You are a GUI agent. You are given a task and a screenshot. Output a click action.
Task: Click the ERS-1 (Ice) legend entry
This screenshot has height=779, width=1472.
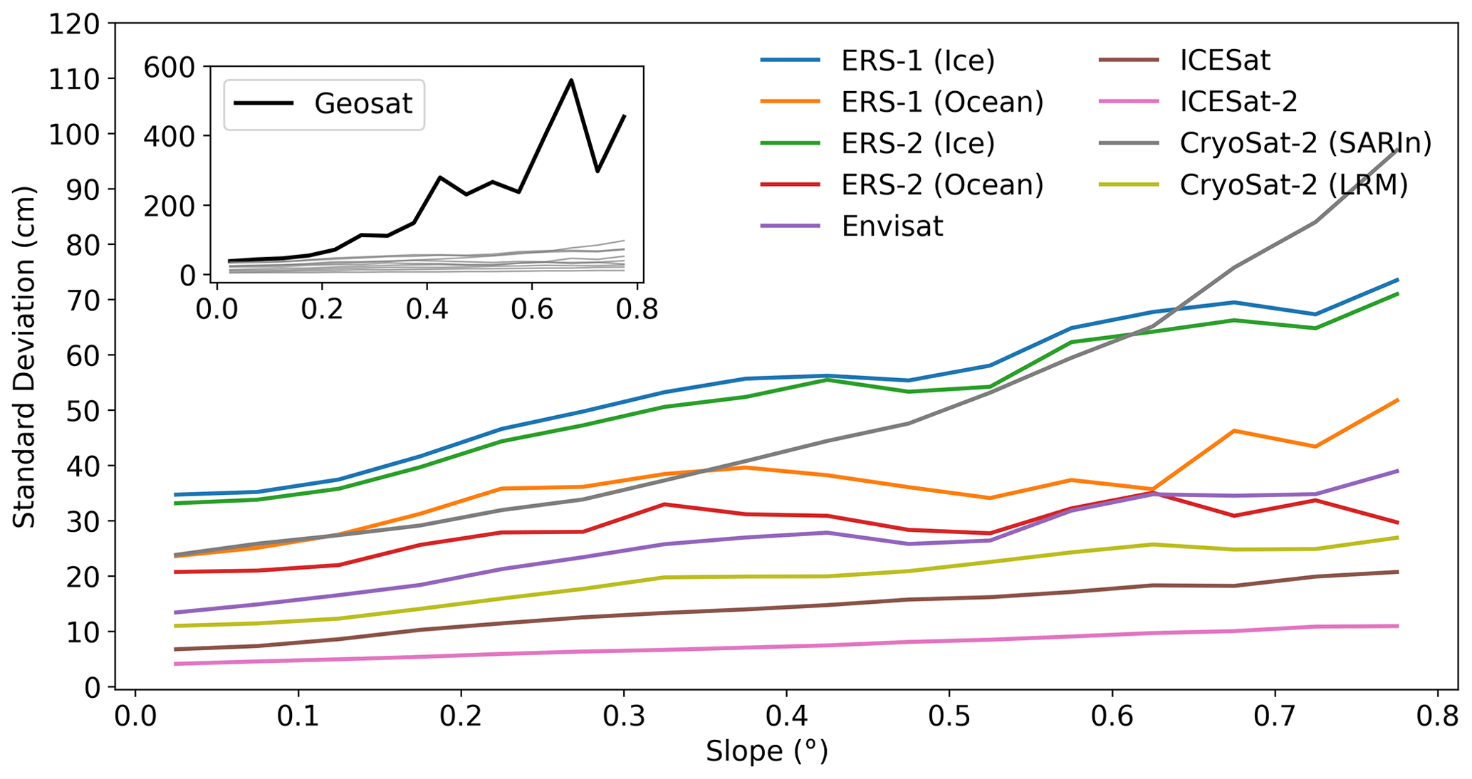(x=917, y=61)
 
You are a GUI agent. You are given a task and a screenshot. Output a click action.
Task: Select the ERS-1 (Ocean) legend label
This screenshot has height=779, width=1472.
(x=942, y=102)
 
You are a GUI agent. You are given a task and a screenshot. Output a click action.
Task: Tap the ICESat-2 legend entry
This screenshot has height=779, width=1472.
(x=1238, y=102)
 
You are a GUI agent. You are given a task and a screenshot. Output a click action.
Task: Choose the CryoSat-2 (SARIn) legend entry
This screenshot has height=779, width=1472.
(x=1305, y=143)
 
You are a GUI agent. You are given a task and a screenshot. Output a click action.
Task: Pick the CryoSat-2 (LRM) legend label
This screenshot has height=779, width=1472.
(x=1294, y=185)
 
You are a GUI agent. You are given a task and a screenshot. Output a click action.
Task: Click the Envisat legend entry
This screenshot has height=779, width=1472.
(x=892, y=226)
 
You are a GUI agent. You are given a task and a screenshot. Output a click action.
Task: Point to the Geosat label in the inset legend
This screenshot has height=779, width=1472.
(x=363, y=104)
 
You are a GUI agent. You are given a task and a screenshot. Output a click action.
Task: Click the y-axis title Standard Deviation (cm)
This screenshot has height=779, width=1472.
(x=24, y=356)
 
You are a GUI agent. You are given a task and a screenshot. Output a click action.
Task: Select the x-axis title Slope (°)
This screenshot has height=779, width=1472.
(x=767, y=752)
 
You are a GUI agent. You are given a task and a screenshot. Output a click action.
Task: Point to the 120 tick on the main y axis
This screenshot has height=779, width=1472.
(x=74, y=24)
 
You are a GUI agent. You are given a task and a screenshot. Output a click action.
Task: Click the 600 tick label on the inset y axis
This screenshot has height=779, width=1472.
(x=169, y=68)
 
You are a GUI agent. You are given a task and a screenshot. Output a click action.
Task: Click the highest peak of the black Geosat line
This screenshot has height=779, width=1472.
(x=571, y=80)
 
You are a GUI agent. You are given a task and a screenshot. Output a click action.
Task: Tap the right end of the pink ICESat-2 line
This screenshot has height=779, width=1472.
(x=1398, y=626)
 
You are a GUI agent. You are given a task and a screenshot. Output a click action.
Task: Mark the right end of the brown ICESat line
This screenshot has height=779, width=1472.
(x=1398, y=572)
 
